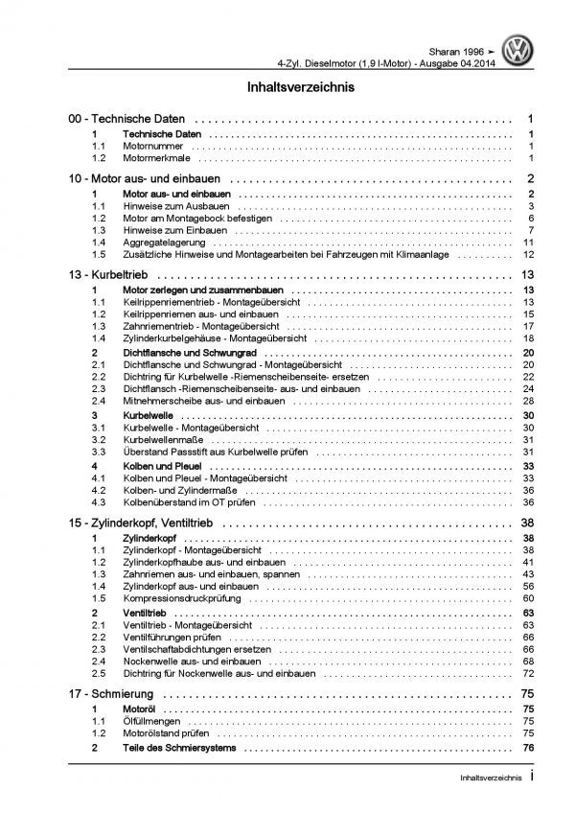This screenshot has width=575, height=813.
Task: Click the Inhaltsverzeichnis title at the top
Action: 287,86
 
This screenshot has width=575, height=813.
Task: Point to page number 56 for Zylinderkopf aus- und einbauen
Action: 528,586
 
